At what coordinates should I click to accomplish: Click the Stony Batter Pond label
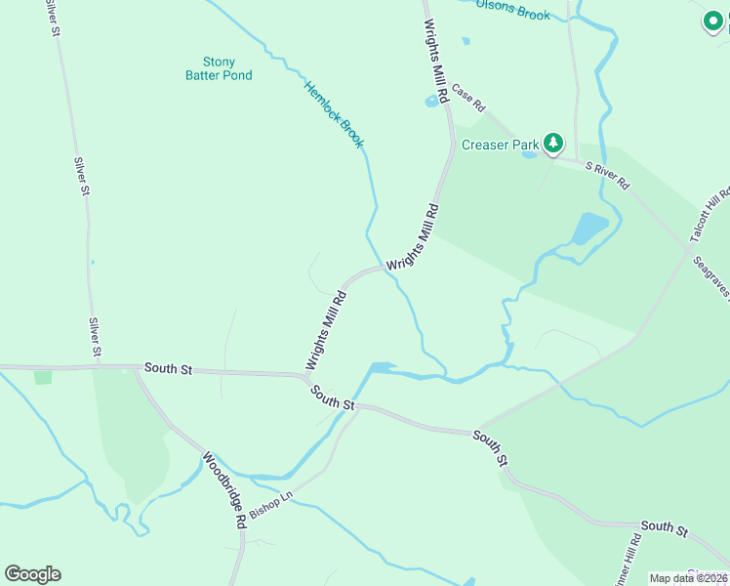point(220,68)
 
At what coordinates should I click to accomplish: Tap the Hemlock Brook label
point(334,114)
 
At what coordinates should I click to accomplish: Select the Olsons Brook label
point(513,9)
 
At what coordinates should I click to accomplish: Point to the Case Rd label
point(467,98)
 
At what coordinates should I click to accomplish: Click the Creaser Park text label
point(501,145)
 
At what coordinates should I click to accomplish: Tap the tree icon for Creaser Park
point(553,145)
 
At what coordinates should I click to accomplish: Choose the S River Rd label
point(607,176)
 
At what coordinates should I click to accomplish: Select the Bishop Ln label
point(270,505)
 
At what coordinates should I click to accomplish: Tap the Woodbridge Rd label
point(223,489)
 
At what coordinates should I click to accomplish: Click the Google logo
point(32,574)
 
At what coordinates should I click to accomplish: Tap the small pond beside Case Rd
point(431,101)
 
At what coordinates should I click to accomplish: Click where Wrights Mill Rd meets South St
point(305,374)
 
